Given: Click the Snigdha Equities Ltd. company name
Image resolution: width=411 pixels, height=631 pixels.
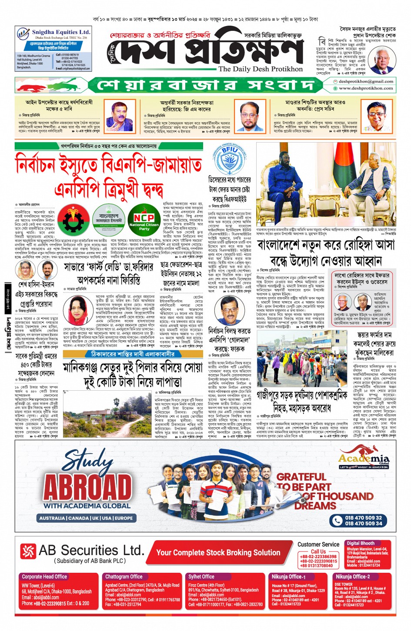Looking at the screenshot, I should (61, 32).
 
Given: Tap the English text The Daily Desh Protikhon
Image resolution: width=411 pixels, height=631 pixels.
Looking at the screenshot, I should (260, 69).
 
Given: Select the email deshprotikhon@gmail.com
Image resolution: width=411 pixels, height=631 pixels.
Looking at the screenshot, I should (366, 81).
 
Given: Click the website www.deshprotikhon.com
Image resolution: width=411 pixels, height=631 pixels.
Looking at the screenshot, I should (366, 88).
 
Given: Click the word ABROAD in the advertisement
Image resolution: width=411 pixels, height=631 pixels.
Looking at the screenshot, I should (87, 487).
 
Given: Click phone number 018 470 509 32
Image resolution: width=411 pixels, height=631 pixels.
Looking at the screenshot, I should (363, 518).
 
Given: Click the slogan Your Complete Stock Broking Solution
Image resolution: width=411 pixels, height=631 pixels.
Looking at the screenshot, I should (218, 552).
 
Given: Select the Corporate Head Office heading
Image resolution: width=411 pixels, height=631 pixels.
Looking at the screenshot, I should (44, 577).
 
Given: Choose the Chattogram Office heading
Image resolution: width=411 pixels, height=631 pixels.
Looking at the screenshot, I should (124, 577).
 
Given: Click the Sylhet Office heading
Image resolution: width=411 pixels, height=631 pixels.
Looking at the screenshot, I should (201, 577).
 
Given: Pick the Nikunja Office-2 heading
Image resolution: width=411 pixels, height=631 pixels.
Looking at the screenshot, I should (352, 577).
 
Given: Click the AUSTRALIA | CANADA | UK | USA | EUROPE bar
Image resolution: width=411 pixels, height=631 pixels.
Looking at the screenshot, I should (86, 518).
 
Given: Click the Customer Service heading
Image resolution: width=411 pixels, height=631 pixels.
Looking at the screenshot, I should (318, 545).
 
